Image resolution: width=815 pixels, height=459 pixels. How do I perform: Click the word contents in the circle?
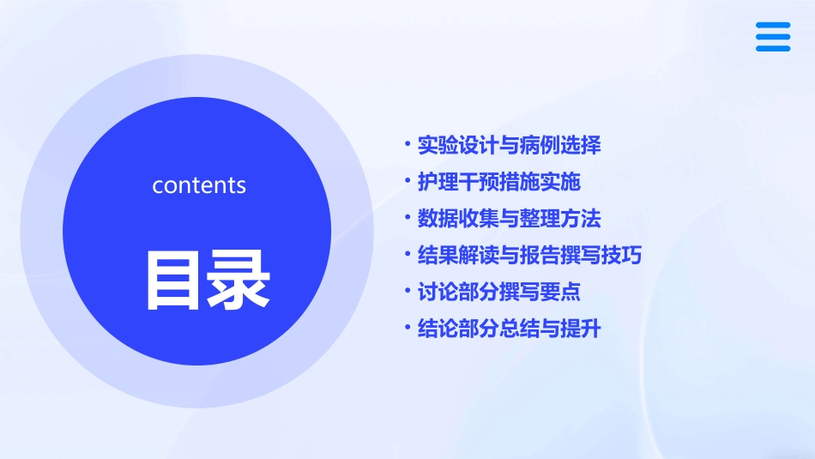click(199, 185)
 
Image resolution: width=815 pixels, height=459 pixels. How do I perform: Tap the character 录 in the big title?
click(238, 280)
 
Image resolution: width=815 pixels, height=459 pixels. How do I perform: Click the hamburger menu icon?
click(772, 37)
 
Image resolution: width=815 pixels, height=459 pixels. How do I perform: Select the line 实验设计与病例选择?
click(509, 145)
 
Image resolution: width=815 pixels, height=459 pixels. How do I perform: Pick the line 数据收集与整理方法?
click(509, 219)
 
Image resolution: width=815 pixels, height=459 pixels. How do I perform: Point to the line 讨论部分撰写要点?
click(498, 293)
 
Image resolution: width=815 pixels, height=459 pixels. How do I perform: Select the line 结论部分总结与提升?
click(509, 329)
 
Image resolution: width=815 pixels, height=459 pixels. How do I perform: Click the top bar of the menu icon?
click(772, 26)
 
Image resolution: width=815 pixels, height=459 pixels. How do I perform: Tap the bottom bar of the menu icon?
click(772, 48)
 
